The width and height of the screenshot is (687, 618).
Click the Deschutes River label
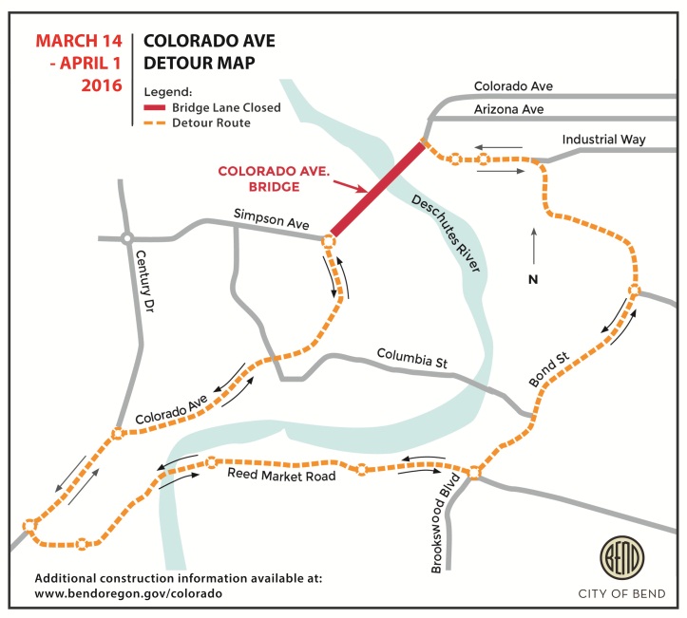point(446,233)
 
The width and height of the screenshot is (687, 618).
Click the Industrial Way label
point(603,140)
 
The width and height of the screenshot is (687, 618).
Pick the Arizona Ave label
point(508,110)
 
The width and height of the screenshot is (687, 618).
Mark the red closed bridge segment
point(376,190)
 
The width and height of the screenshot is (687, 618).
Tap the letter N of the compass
point(533,279)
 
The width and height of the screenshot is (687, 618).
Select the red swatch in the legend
point(155,108)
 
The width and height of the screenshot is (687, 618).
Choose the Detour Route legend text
point(211,123)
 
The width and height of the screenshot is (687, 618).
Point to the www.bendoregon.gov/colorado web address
point(128,592)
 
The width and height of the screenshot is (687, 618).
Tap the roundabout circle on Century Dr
point(126,239)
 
